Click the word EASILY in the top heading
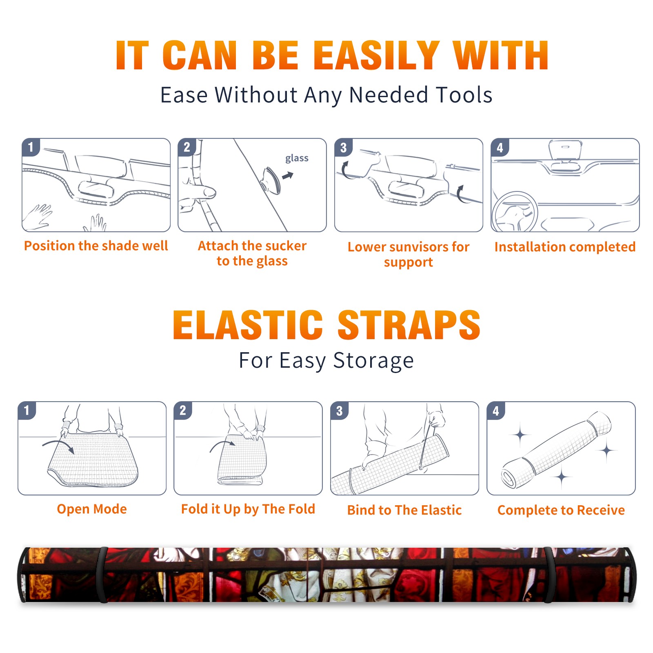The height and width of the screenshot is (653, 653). click(x=376, y=56)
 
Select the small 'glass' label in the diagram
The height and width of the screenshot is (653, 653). click(x=297, y=158)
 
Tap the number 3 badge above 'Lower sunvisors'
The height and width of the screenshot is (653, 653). click(x=343, y=148)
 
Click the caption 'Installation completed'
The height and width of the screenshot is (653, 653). click(x=565, y=247)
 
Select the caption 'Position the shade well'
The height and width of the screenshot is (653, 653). click(x=96, y=246)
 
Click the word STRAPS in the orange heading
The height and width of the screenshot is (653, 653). click(x=409, y=325)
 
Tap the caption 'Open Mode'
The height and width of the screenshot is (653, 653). click(x=92, y=509)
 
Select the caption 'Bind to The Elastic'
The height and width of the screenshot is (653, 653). click(x=404, y=510)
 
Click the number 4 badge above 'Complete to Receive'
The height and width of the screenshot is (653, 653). click(x=496, y=411)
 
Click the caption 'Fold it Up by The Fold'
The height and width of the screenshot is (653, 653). click(x=248, y=509)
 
